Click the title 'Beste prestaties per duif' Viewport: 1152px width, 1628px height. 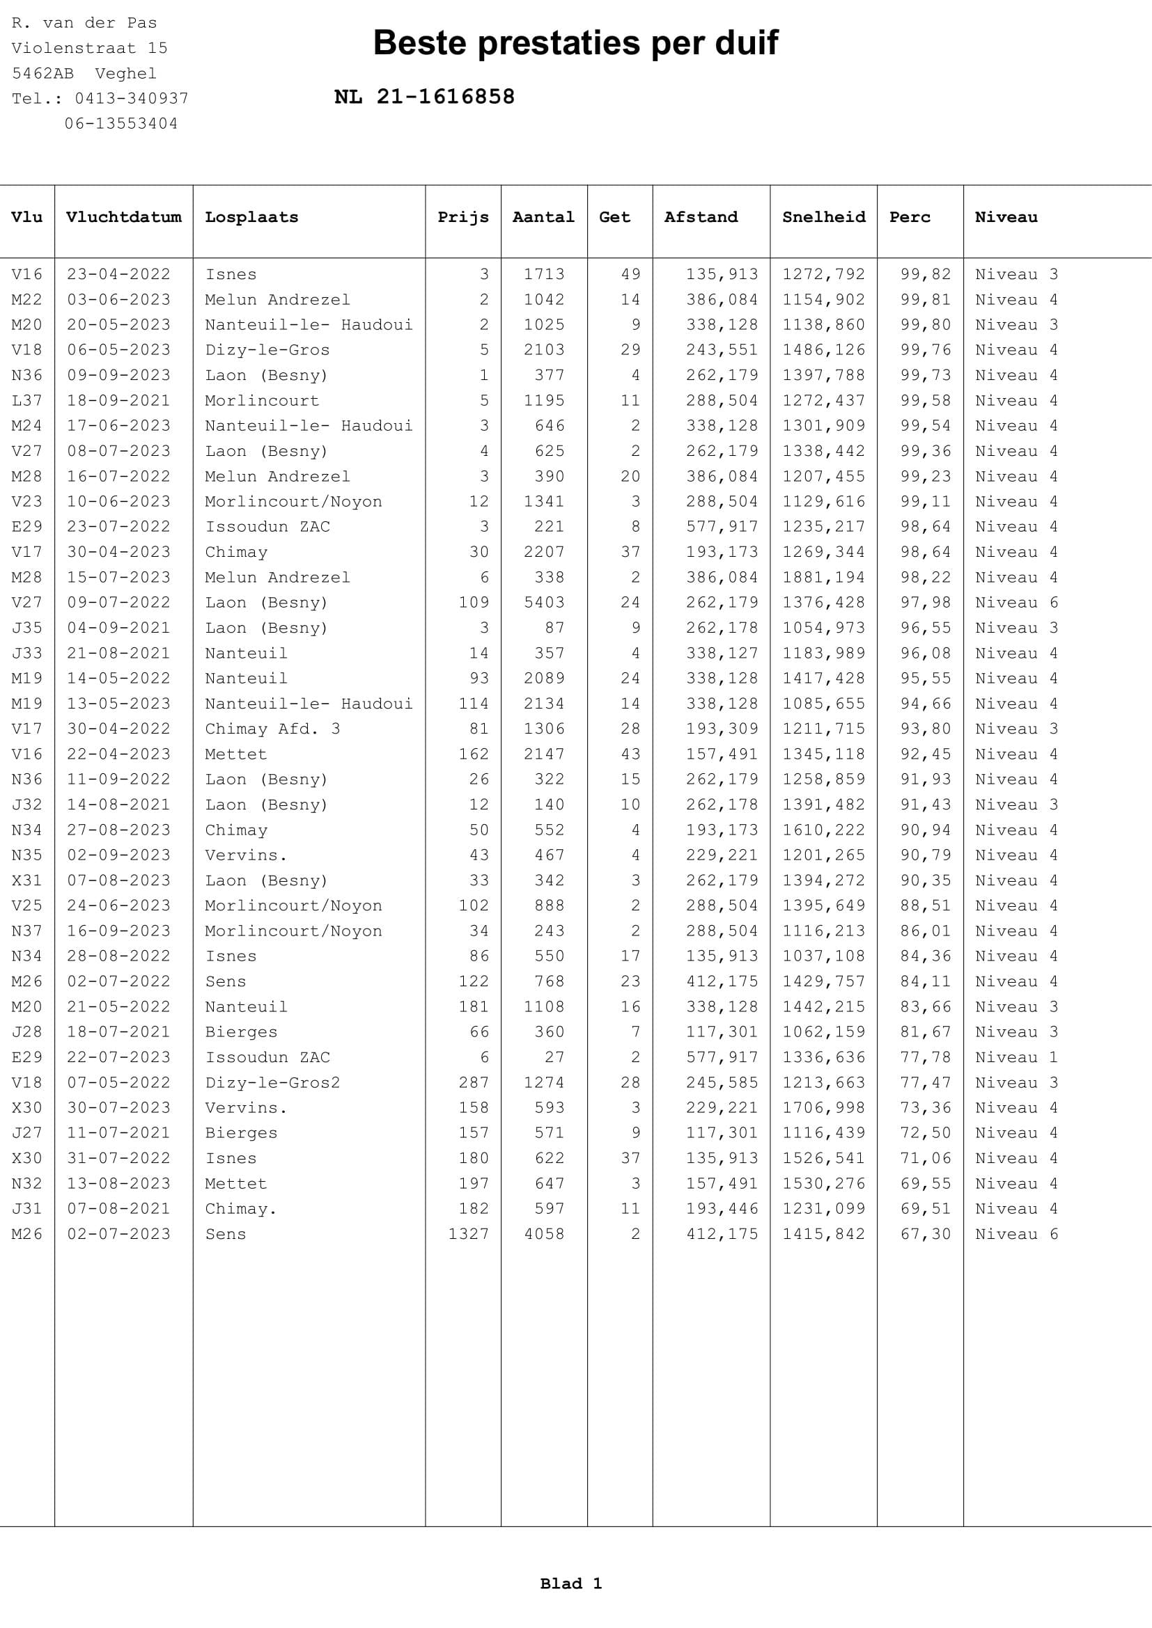coord(575,43)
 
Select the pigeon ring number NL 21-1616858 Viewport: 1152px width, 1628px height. coord(424,97)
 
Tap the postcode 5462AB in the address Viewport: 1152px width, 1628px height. coord(42,73)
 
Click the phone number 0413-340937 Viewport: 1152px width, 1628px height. coord(131,99)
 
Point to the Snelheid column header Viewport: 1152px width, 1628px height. coord(823,217)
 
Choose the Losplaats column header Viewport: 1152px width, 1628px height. coord(252,217)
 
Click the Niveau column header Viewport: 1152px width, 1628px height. coord(1006,217)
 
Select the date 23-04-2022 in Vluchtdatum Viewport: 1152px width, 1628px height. coord(118,274)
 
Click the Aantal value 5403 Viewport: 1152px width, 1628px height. coord(544,603)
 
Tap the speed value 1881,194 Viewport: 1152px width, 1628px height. coord(823,577)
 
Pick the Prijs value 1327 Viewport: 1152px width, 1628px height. coord(468,1234)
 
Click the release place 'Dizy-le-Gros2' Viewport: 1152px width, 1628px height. coord(272,1083)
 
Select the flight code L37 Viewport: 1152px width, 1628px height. coord(27,401)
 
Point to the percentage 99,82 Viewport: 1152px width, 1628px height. coord(926,274)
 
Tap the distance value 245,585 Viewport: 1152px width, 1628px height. coord(722,1083)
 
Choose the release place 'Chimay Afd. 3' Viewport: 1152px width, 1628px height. coord(272,729)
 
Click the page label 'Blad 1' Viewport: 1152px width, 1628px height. coord(571,1584)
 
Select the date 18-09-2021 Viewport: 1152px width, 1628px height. coord(118,401)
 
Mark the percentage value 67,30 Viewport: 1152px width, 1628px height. coord(926,1234)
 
